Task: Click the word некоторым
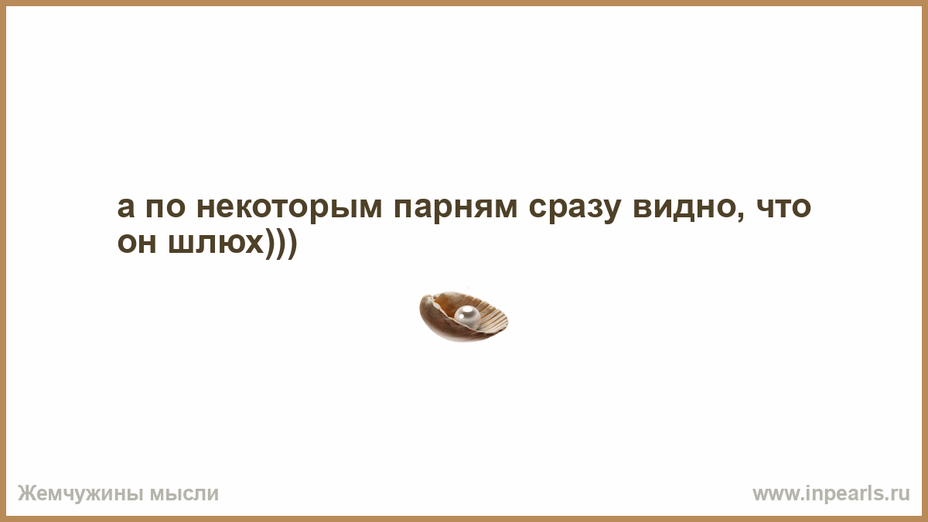[x=289, y=208]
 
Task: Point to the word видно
[x=684, y=207]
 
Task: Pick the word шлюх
[x=216, y=243]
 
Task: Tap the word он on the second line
[x=137, y=243]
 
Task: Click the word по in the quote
[x=165, y=207]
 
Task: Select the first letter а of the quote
[x=126, y=207]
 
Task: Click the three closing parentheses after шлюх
[x=281, y=244]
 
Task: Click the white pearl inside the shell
[x=467, y=317]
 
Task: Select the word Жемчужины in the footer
[x=81, y=494]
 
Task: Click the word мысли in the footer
[x=184, y=494]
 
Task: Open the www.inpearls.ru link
[x=831, y=494]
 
